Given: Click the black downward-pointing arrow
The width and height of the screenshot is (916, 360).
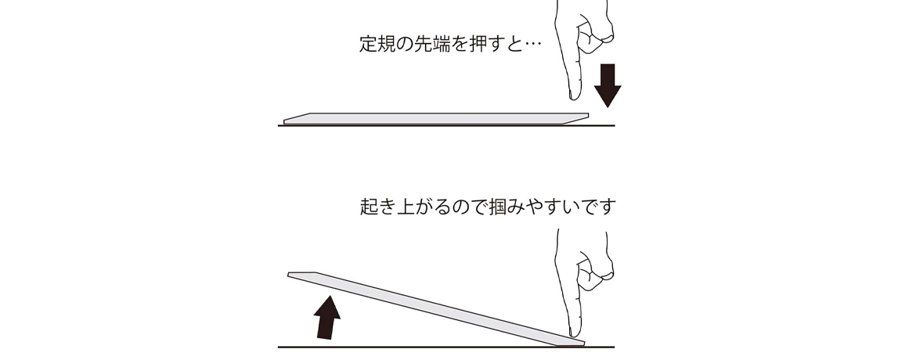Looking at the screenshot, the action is click(608, 85).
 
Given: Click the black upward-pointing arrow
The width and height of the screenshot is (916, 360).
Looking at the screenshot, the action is click(327, 318).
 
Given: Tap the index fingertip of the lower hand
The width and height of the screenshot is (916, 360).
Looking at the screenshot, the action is click(575, 331).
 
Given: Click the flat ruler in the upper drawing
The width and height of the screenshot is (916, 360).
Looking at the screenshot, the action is click(436, 119).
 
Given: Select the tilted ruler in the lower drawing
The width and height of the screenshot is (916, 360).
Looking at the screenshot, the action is click(436, 308).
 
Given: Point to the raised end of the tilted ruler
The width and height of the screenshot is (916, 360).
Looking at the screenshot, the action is click(301, 275).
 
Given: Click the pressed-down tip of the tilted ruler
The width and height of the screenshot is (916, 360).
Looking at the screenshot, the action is click(579, 342).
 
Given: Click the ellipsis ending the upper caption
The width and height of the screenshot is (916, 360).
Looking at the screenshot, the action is click(533, 45).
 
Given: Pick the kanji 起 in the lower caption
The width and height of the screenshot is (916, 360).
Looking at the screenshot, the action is click(370, 207).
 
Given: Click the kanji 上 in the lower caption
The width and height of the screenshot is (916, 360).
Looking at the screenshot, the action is click(406, 207).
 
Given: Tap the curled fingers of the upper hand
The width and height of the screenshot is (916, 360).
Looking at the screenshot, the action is click(595, 36).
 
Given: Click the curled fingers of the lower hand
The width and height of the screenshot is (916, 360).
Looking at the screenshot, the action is click(595, 271).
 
